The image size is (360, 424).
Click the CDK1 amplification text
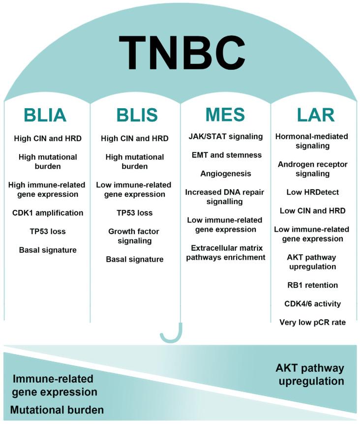48,212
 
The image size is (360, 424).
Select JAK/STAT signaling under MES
226,136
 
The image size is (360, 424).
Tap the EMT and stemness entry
226,155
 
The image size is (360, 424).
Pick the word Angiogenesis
226,173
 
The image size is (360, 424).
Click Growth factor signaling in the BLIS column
134,236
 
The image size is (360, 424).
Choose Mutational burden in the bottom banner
57,410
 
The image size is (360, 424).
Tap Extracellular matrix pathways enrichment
226,252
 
